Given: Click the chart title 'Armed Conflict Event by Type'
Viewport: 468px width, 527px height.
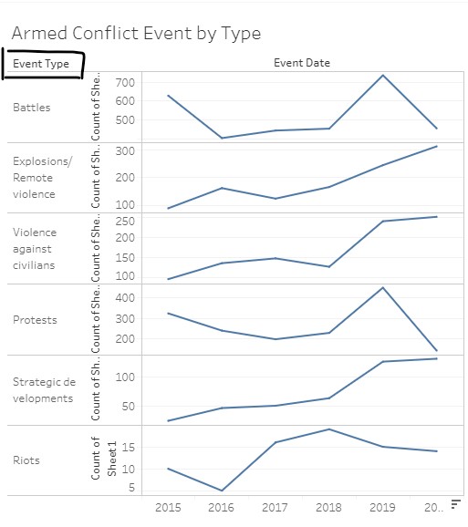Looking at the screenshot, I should point(136,34).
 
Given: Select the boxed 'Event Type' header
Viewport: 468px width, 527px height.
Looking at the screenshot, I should point(41,64).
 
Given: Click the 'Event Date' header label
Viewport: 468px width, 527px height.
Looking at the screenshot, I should point(302,63).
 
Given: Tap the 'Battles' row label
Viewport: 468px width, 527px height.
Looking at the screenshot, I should point(32,108).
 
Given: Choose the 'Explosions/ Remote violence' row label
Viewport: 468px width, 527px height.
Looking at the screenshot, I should point(34,178).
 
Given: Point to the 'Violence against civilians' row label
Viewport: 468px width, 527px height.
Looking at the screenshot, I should point(34,249).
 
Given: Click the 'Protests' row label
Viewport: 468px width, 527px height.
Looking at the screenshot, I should point(35,320).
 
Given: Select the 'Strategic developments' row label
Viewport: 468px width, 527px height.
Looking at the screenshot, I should point(44,390).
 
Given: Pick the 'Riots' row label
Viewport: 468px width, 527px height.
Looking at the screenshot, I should point(27,460).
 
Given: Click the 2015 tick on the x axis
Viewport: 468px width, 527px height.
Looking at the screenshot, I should point(168,507).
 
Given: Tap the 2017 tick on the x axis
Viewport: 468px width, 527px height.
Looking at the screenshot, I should point(276,507).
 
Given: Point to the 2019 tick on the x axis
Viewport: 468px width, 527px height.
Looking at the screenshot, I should point(383,507).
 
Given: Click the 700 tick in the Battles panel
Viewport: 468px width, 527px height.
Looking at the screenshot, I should point(125,83).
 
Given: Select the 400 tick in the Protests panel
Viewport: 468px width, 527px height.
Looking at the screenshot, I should point(125,297).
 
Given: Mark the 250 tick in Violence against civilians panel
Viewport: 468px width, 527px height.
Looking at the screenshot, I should point(125,221).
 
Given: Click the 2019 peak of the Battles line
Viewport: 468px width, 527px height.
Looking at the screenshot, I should point(383,75).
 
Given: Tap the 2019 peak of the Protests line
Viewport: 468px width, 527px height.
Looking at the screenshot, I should point(383,287).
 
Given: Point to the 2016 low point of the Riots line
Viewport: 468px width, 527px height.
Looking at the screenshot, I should point(222,491).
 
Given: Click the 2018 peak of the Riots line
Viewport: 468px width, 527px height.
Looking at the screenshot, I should point(329,429).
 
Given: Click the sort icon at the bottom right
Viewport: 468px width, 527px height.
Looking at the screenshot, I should point(454,506).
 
